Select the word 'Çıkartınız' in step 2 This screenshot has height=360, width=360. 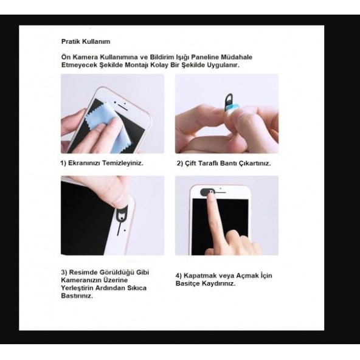pos(251,163)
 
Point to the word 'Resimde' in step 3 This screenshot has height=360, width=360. pos(84,271)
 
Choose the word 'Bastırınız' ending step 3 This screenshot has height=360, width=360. pos(76,296)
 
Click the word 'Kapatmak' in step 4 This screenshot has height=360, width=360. pos(206,275)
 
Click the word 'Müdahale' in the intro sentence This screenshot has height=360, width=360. pos(236,57)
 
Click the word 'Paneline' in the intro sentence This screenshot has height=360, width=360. pos(198,57)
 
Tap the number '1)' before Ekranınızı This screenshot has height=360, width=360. pos(64,163)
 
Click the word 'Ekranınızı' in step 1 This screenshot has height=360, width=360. pos(86,163)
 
